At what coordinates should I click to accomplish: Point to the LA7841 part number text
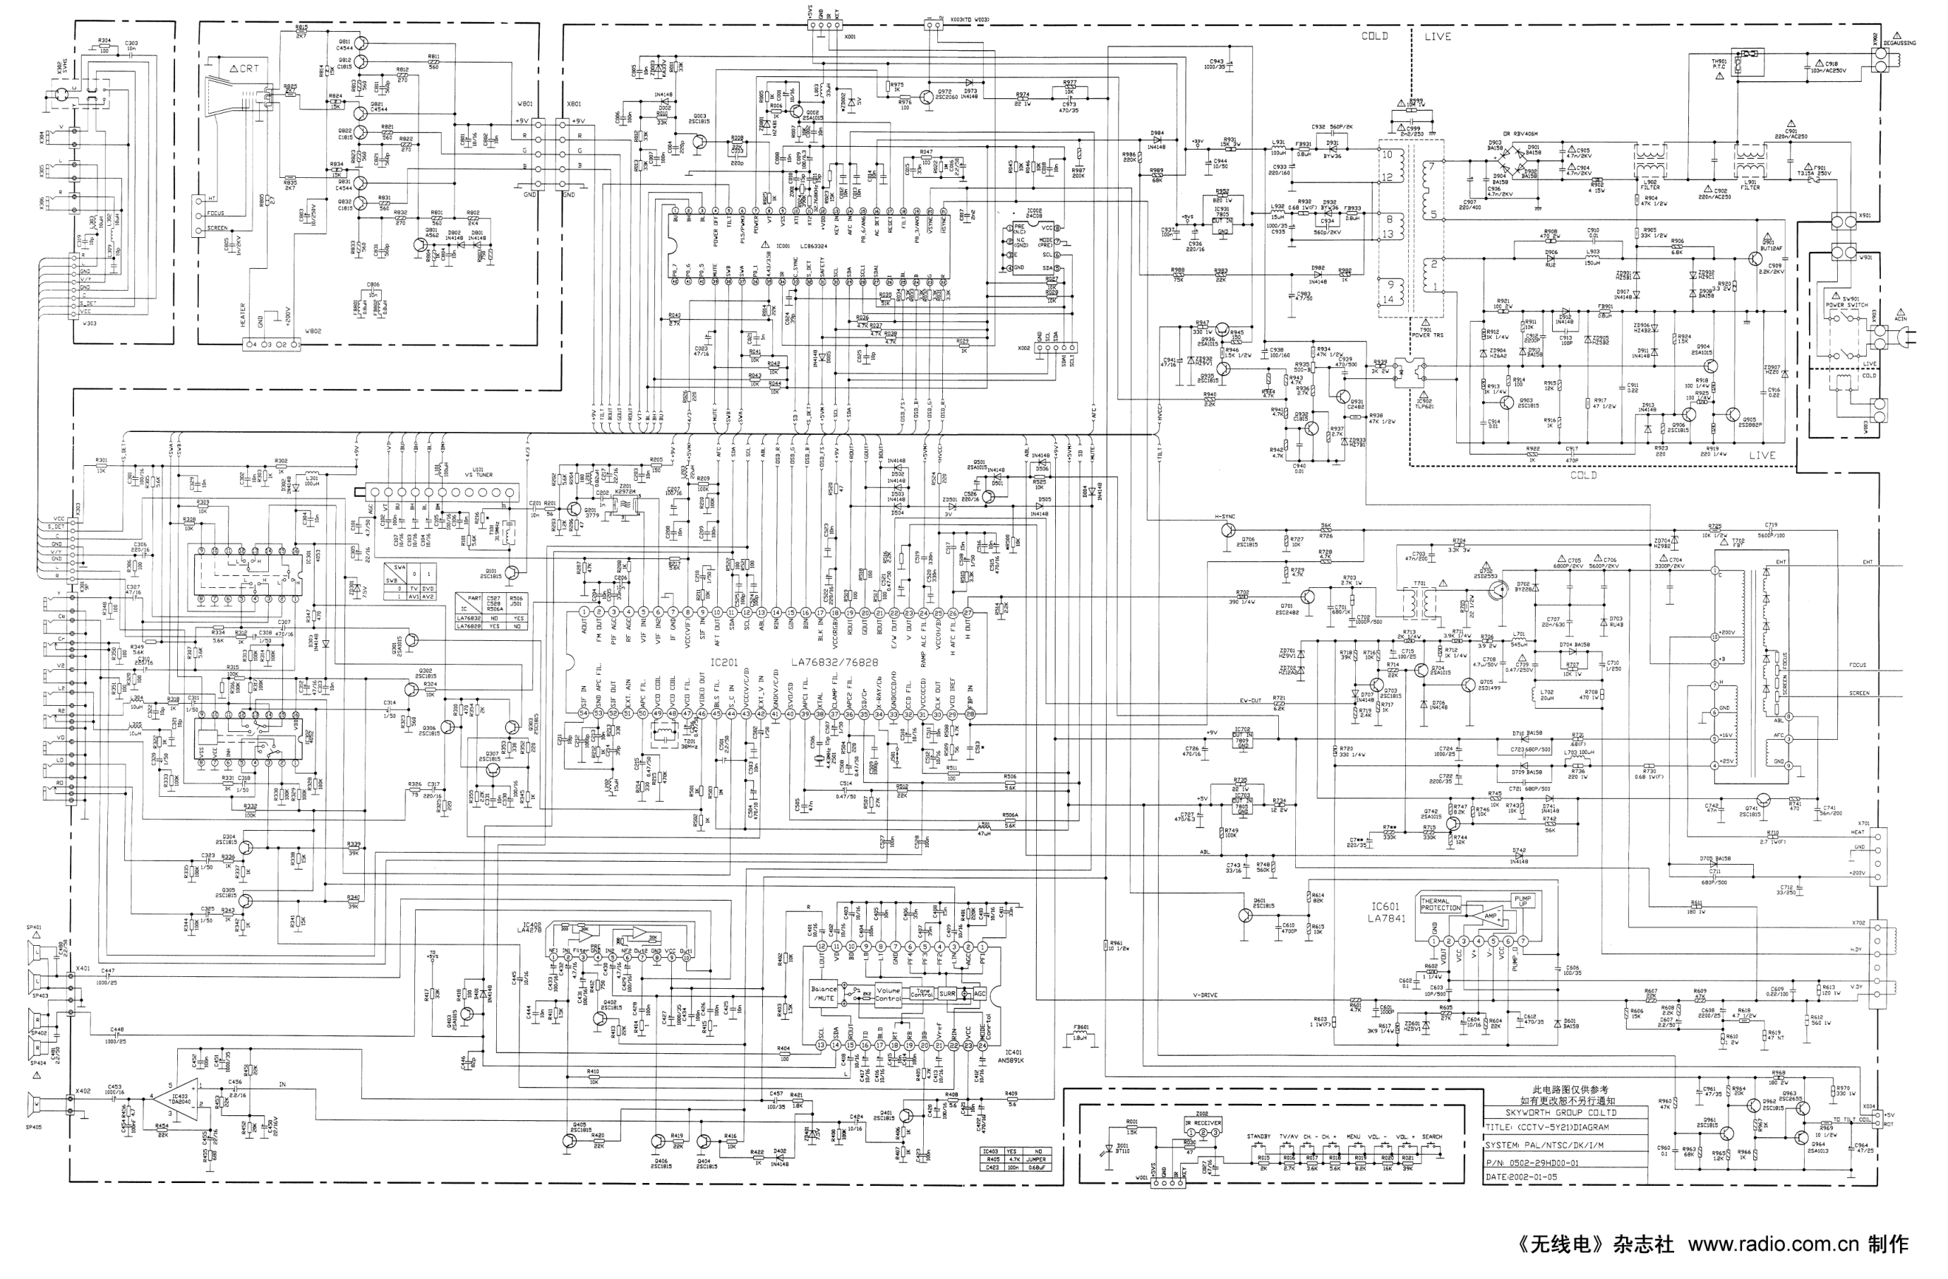click(1390, 919)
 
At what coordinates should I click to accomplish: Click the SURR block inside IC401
click(947, 993)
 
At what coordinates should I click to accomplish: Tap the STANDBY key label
click(1258, 1137)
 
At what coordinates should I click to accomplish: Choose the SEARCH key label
click(1431, 1137)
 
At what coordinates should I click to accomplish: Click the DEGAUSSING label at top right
click(1898, 43)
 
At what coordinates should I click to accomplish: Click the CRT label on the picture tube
click(247, 68)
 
